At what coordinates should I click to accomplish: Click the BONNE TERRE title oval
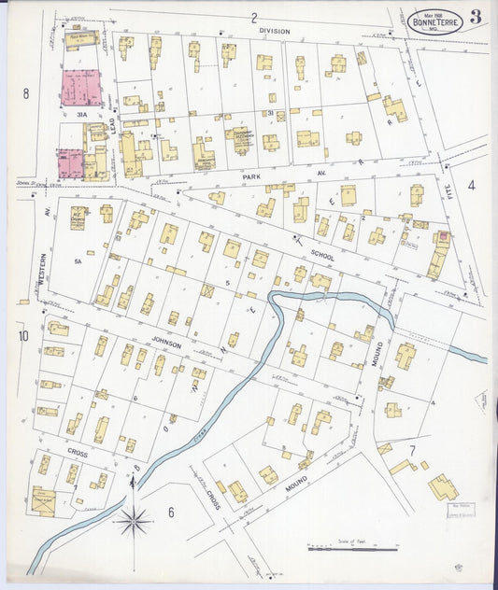coord(434,21)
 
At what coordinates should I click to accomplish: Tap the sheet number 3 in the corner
coord(477,17)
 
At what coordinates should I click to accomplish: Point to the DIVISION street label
coord(275,30)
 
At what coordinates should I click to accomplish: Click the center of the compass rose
coord(133,520)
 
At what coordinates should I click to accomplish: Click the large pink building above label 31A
coord(81,87)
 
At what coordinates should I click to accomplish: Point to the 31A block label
coord(81,114)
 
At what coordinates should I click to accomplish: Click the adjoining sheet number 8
coord(27,92)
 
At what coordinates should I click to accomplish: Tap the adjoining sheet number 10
coord(22,335)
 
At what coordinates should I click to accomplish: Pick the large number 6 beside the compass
coord(171,512)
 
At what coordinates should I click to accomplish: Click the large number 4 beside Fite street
coord(471,185)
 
